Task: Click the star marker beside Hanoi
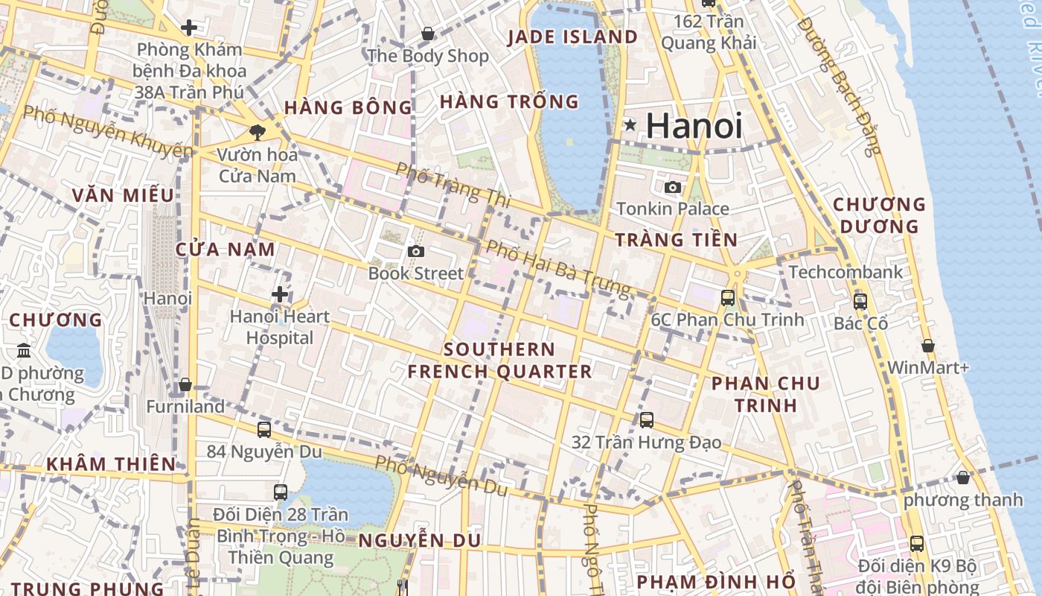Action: coord(630,125)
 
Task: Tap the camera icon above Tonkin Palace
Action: coord(673,187)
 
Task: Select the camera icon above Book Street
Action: coord(416,252)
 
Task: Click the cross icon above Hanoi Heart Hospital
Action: coord(280,294)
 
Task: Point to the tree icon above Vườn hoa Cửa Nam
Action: coord(257,133)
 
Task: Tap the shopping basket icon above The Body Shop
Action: coord(428,34)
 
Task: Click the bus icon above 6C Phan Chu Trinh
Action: coord(728,298)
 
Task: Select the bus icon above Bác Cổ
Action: coord(860,302)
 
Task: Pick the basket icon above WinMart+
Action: coord(928,346)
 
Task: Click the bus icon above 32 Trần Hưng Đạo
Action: coord(647,420)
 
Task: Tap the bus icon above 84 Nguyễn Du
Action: coord(264,430)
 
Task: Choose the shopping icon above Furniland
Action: coord(185,385)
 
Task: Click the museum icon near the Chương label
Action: coord(24,350)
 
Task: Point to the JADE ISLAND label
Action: coord(572,37)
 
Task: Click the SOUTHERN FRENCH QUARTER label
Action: coord(499,361)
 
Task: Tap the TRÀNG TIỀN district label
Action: coord(676,240)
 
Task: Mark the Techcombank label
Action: coord(846,272)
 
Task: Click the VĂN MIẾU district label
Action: coord(123,196)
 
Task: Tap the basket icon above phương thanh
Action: coord(963,478)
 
